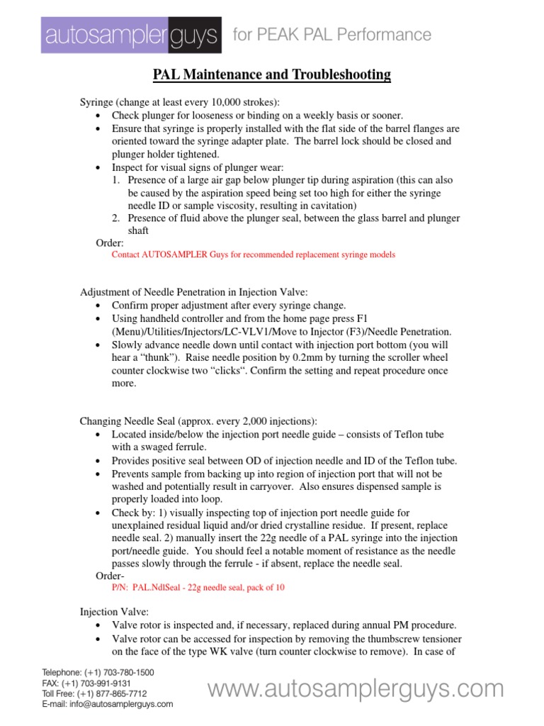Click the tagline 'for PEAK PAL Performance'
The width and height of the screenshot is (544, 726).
332,35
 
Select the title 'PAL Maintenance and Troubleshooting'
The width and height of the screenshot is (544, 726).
272,74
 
